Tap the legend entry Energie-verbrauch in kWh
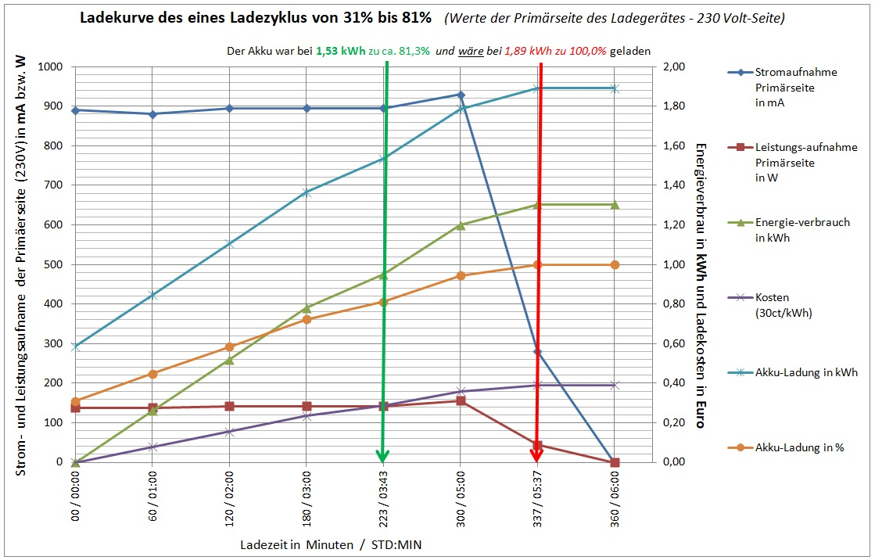click(x=801, y=230)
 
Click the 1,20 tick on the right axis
click(x=674, y=225)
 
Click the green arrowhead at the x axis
click(x=382, y=455)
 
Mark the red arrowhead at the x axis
click(x=537, y=455)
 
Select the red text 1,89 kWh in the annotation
click(x=526, y=52)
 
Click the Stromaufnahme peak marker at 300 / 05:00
click(x=461, y=95)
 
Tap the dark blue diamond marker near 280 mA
click(x=537, y=351)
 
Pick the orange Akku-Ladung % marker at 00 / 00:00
click(x=75, y=402)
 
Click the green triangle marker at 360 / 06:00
click(x=615, y=205)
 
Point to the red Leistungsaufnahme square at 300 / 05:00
click(x=461, y=400)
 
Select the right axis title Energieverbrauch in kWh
click(x=700, y=235)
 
